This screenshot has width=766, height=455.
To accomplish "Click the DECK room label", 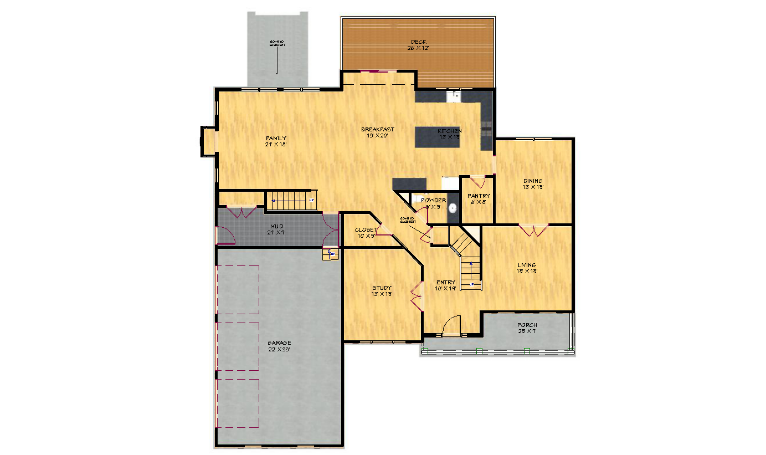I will tap(419, 42).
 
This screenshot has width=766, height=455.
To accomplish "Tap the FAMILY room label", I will tap(276, 138).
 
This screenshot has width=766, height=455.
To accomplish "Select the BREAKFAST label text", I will tap(377, 129).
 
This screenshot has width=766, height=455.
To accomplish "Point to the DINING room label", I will tap(533, 181).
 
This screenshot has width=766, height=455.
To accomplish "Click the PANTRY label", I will tap(478, 196).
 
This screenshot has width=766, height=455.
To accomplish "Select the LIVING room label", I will tap(526, 265).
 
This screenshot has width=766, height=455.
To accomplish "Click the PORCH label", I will tap(527, 325).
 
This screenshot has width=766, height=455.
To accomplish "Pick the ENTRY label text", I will tap(445, 282).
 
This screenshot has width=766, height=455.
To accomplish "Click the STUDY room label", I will tap(382, 288).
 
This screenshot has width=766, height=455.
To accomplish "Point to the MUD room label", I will tap(276, 226).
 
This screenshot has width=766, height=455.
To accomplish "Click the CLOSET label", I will tap(366, 229).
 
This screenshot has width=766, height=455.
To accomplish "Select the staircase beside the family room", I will tap(291, 200).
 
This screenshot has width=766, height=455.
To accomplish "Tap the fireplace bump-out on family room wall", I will tap(208, 141).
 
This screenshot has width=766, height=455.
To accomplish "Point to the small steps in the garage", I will tap(331, 254).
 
